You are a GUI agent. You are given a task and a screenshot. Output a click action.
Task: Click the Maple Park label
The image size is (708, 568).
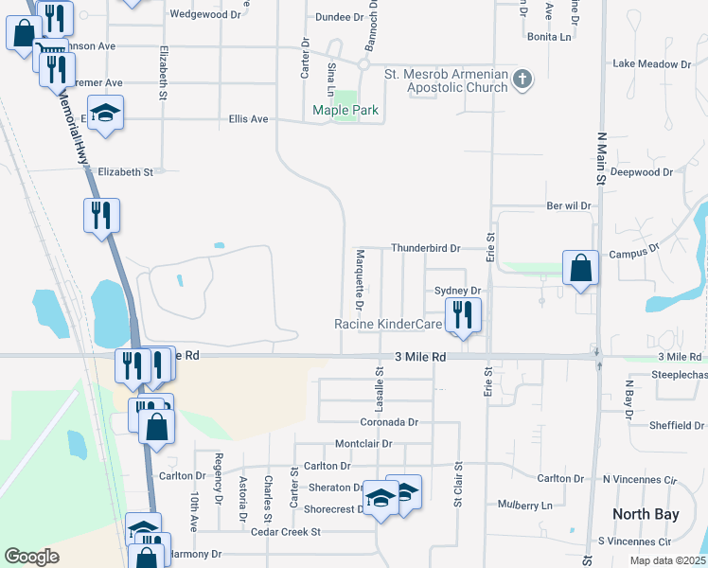tap(345, 111)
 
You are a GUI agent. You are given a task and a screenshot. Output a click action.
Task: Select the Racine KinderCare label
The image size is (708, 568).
tap(389, 324)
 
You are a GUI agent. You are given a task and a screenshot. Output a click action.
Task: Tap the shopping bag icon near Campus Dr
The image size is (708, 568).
tap(580, 268)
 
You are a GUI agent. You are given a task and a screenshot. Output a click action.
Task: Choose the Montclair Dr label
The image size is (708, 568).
tap(363, 444)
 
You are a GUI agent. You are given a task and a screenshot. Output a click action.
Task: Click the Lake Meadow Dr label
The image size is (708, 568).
tap(651, 63)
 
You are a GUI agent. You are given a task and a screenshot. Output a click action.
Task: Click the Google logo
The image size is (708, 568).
tap(31, 557)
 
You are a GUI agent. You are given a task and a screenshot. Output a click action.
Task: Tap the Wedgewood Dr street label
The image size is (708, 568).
tap(204, 14)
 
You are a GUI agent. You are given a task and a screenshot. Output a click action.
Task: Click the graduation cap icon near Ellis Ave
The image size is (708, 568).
tap(106, 113)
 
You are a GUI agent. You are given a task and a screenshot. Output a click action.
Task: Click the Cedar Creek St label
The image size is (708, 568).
tap(286, 532)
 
